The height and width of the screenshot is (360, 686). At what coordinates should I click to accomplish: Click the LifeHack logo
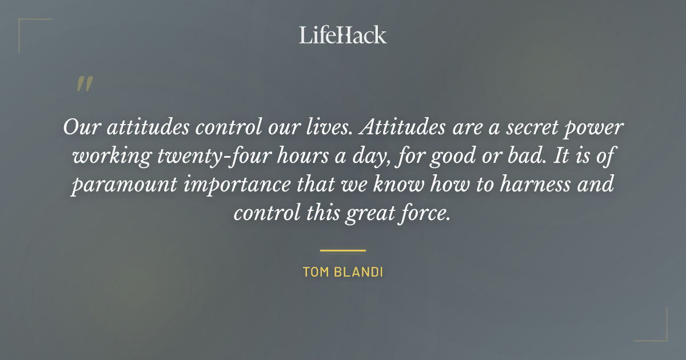click(x=342, y=35)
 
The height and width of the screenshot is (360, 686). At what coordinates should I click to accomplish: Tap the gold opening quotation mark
click(x=84, y=84)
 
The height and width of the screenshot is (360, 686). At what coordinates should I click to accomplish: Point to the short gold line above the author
click(x=342, y=250)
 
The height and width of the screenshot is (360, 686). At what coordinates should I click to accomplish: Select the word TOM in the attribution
click(x=315, y=272)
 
